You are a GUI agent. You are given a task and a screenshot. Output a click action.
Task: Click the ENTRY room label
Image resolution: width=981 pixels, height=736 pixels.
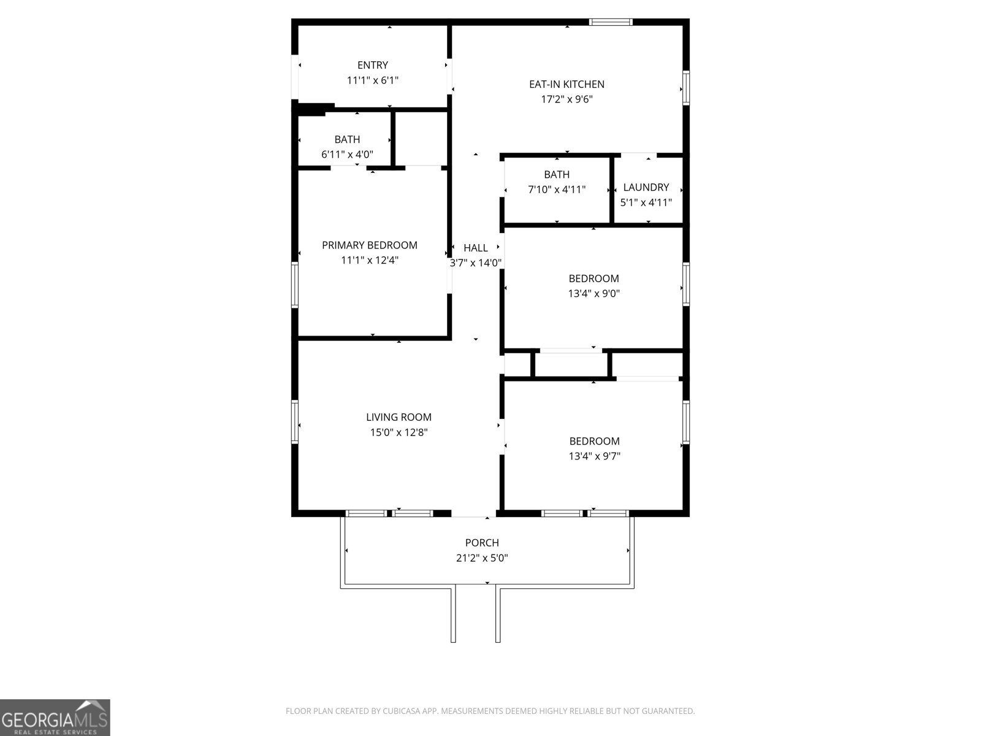[x=373, y=65]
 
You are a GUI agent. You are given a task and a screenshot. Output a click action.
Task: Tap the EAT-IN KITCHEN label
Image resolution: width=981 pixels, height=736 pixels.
[x=567, y=84]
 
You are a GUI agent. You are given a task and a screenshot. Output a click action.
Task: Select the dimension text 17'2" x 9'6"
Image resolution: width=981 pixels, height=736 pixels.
[x=567, y=99]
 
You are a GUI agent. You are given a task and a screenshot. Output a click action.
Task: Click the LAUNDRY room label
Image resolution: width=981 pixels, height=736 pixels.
[x=646, y=187]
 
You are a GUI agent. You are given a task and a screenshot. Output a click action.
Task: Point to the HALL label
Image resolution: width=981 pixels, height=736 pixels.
[x=476, y=248]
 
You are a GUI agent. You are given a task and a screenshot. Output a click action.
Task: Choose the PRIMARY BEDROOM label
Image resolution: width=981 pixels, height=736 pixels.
[x=370, y=245]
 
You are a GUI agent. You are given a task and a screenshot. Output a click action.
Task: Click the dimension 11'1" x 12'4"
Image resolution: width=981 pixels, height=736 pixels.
[x=370, y=260]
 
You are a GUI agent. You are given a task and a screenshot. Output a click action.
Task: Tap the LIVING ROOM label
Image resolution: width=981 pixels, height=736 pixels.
[x=399, y=417]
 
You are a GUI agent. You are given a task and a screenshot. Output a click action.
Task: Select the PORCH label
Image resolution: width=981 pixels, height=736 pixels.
[x=482, y=543]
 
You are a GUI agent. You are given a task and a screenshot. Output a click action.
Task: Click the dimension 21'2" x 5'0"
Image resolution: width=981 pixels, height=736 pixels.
[x=482, y=558]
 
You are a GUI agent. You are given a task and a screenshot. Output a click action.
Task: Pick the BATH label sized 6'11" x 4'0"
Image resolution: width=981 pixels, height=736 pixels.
[x=347, y=139]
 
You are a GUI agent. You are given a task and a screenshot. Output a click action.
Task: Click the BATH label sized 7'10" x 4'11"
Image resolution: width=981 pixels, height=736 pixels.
[x=557, y=174]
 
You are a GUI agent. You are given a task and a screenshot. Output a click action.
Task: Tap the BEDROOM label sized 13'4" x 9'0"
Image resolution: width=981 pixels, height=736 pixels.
[x=594, y=278]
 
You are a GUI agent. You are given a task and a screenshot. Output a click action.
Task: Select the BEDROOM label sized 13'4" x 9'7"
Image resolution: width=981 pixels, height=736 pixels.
[x=594, y=441]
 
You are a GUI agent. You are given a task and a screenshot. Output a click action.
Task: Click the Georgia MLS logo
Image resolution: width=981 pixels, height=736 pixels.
[x=55, y=717]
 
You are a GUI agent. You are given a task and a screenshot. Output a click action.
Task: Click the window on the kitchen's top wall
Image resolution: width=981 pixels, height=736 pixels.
[x=611, y=22]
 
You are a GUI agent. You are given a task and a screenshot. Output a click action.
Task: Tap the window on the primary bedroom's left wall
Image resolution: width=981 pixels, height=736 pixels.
[x=295, y=285]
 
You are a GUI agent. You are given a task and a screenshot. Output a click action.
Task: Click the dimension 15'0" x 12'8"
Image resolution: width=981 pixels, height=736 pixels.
[x=399, y=432]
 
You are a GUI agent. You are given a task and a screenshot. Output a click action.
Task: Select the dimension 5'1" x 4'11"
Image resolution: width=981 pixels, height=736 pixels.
[x=646, y=202]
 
